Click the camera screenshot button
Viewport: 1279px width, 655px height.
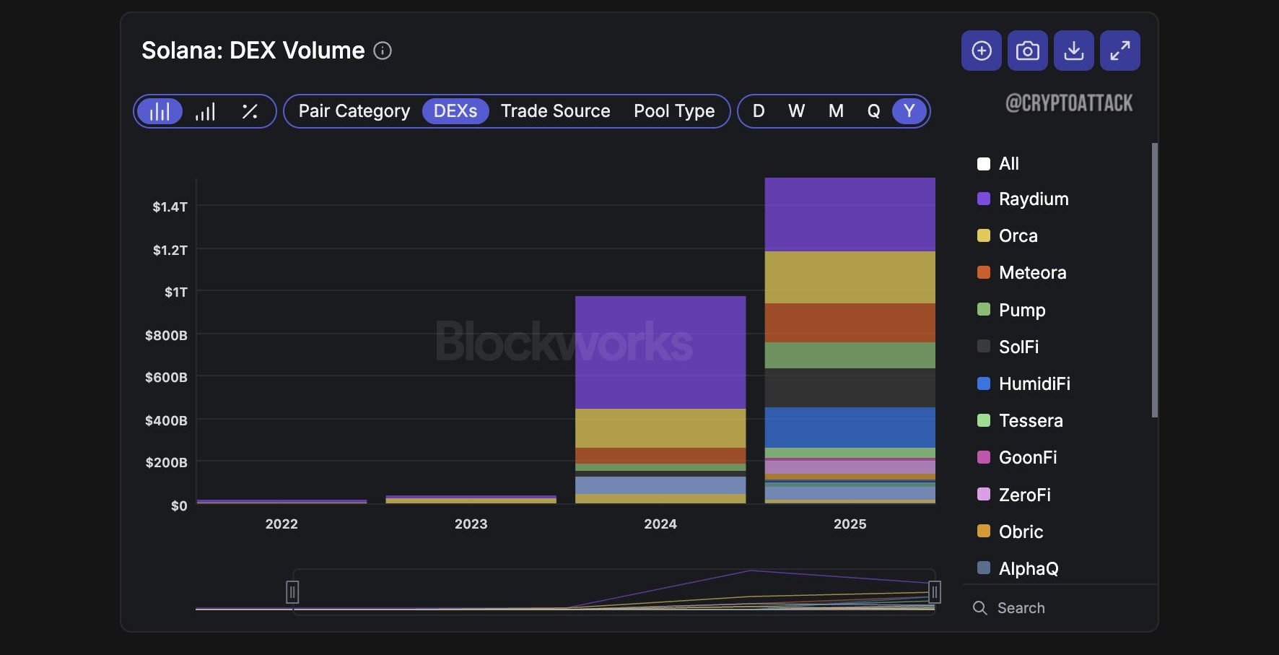(x=1027, y=51)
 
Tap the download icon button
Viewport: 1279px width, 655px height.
(x=1073, y=51)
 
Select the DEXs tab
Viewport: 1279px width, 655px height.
(x=455, y=111)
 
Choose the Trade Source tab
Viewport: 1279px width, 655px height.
(x=556, y=111)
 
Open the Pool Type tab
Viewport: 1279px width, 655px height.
(x=674, y=111)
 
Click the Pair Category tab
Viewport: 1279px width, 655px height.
(x=354, y=111)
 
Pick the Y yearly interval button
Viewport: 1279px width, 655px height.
(x=909, y=111)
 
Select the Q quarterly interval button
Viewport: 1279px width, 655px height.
(x=873, y=111)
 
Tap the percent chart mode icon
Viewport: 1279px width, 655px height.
(x=250, y=111)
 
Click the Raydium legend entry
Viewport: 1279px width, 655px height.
(x=1023, y=199)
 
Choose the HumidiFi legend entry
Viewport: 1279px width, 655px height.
(x=1023, y=383)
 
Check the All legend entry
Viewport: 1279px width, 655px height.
(x=998, y=164)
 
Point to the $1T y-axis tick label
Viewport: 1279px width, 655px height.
(x=176, y=292)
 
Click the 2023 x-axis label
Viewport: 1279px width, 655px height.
(x=471, y=524)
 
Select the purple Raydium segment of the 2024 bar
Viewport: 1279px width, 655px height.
(x=660, y=352)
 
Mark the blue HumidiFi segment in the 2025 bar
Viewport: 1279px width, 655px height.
(x=850, y=428)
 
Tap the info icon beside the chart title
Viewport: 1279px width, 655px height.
(x=383, y=51)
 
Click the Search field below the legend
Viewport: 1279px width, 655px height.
(x=1021, y=608)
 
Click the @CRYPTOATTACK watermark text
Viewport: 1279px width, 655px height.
(x=1069, y=103)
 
